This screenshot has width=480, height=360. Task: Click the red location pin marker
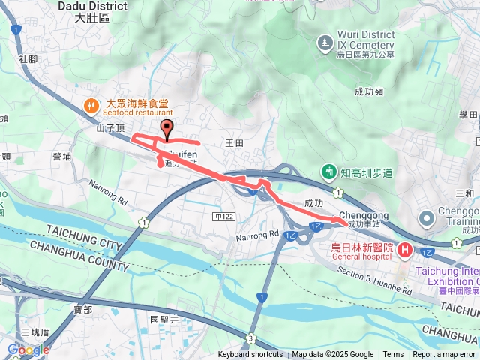click(x=166, y=128)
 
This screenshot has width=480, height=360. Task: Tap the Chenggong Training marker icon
click(x=427, y=219)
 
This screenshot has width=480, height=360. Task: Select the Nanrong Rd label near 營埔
click(x=108, y=191)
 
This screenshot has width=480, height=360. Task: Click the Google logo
click(x=28, y=349)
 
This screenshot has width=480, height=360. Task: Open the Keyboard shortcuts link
click(x=250, y=355)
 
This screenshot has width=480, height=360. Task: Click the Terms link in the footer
click(x=393, y=355)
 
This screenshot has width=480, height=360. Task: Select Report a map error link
click(x=444, y=355)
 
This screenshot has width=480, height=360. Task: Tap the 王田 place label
click(x=235, y=142)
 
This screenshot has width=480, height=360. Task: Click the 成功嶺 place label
click(x=369, y=91)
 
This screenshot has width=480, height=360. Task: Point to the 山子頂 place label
click(x=109, y=129)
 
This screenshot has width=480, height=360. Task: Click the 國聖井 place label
click(x=163, y=319)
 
